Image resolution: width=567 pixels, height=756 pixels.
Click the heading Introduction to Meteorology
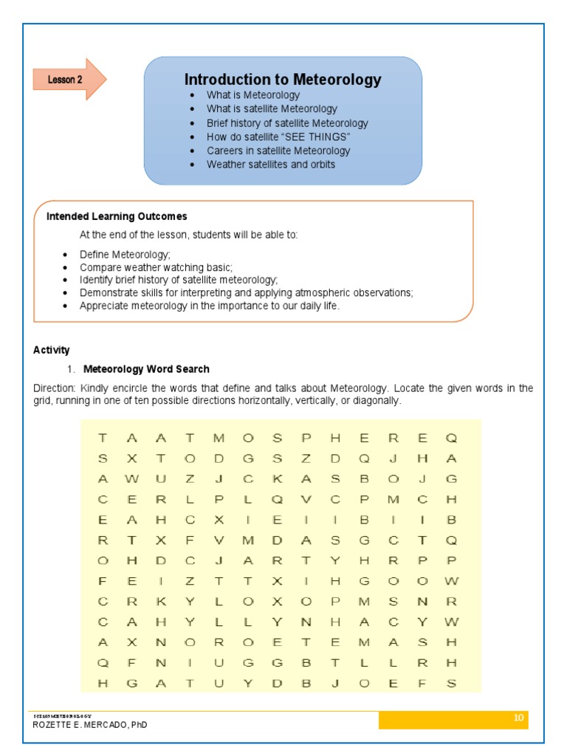pos(283,80)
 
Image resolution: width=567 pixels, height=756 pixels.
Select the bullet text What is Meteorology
pos(253,95)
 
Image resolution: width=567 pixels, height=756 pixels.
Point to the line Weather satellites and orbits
pos(271,165)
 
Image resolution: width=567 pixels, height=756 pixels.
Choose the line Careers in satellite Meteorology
pos(278,151)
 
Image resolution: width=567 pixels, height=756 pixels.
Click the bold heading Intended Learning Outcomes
pos(117,216)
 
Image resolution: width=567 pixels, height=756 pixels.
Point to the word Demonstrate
pos(109,293)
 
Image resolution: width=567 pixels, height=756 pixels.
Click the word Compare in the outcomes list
pos(99,267)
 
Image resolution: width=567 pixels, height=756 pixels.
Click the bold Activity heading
pos(52,350)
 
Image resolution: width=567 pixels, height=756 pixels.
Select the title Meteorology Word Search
pos(146,369)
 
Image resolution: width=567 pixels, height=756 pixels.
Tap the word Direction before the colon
pos(54,388)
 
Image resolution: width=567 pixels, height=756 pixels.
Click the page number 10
pos(518,718)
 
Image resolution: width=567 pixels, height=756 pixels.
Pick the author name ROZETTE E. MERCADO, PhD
pos(90,725)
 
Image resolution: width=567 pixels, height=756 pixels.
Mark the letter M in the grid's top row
pos(219,439)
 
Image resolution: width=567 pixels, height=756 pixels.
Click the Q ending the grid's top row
pos(452,439)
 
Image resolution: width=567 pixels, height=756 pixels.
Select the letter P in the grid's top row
pos(306,439)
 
